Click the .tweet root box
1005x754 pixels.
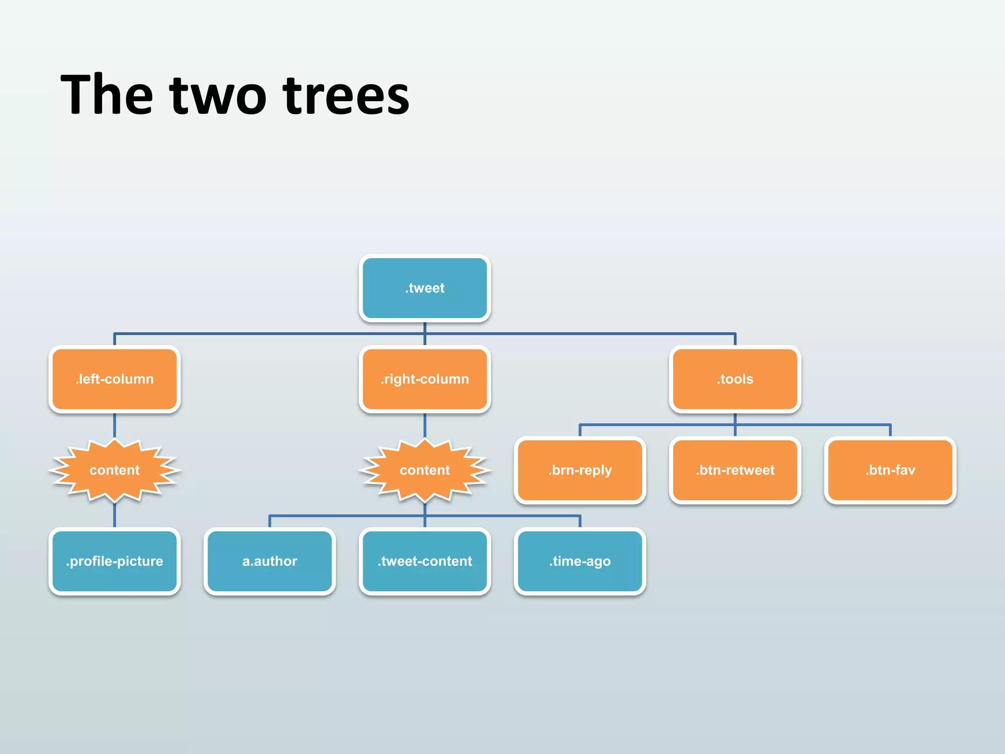tap(424, 288)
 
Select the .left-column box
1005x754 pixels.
tap(114, 379)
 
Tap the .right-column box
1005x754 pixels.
tap(424, 379)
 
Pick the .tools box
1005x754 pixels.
tap(735, 379)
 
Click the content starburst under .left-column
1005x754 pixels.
tap(114, 470)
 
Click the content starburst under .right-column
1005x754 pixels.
tap(424, 470)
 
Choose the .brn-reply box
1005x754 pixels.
tap(580, 470)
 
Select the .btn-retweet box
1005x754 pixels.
tap(735, 470)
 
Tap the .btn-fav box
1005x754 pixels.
tap(890, 470)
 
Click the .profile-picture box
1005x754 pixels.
tap(114, 561)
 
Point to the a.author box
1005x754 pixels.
tap(269, 561)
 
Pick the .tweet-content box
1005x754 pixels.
tap(424, 561)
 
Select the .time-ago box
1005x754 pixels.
tap(580, 561)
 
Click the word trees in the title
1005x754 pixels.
tap(346, 96)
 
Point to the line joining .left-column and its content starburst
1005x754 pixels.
tap(114, 425)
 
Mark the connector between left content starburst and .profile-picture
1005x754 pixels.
tap(114, 515)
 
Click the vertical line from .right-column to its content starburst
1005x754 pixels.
tap(424, 425)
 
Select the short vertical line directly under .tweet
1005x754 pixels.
tap(424, 327)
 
